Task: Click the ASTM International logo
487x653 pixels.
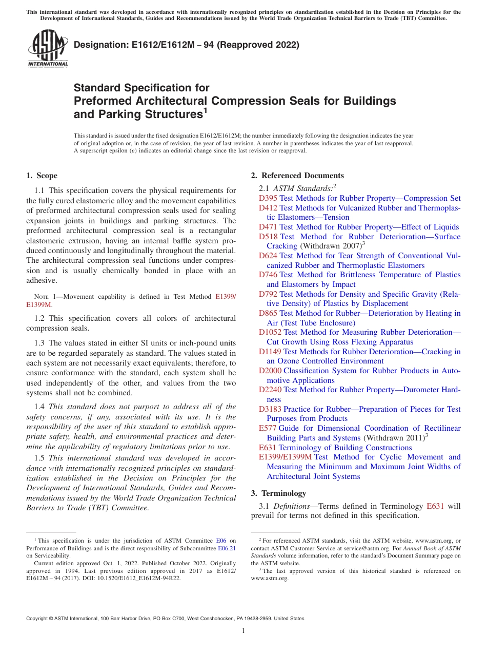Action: click(48, 49)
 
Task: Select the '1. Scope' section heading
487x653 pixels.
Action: click(42, 176)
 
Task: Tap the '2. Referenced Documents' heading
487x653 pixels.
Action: click(297, 176)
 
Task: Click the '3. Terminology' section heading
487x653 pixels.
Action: click(278, 493)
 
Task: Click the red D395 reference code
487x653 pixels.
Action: click(268, 198)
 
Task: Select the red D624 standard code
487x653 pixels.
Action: click(268, 256)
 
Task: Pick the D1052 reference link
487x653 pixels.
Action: click(270, 332)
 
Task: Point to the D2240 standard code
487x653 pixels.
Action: click(270, 390)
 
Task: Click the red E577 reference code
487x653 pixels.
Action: click(268, 428)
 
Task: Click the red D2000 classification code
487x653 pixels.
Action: click(270, 371)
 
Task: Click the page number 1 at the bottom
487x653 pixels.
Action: click(243, 630)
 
